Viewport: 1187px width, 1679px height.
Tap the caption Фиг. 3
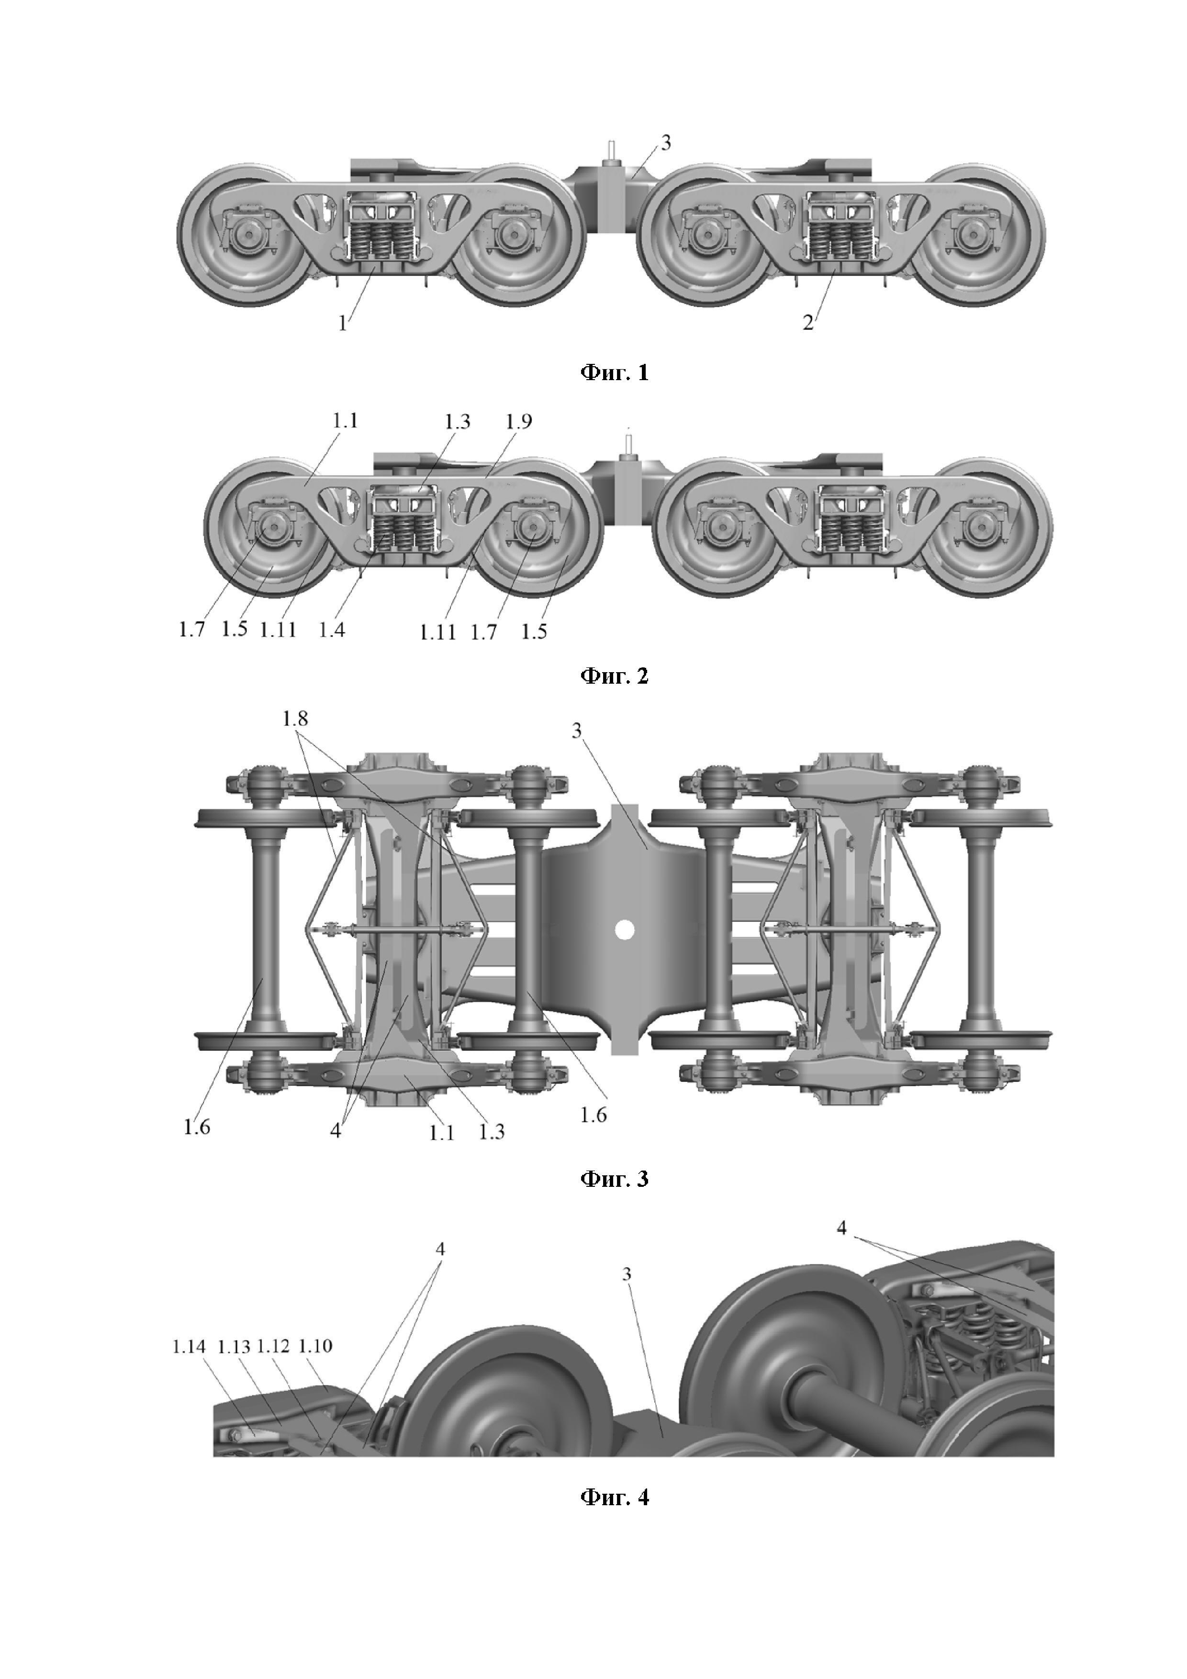[614, 1179]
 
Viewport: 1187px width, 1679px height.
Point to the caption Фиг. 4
[614, 1497]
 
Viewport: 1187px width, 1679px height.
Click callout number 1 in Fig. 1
[343, 323]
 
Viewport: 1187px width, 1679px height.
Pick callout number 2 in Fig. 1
[807, 323]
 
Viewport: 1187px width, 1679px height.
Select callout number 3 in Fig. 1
[665, 143]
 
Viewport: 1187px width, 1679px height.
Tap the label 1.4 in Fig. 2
[331, 630]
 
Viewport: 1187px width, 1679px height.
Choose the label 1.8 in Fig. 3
[295, 719]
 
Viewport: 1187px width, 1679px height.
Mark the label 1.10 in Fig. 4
[316, 1346]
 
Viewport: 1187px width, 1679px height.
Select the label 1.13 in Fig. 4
[234, 1346]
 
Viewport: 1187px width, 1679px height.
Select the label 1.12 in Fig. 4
[275, 1346]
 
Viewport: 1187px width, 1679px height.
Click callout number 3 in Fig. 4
[627, 1274]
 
